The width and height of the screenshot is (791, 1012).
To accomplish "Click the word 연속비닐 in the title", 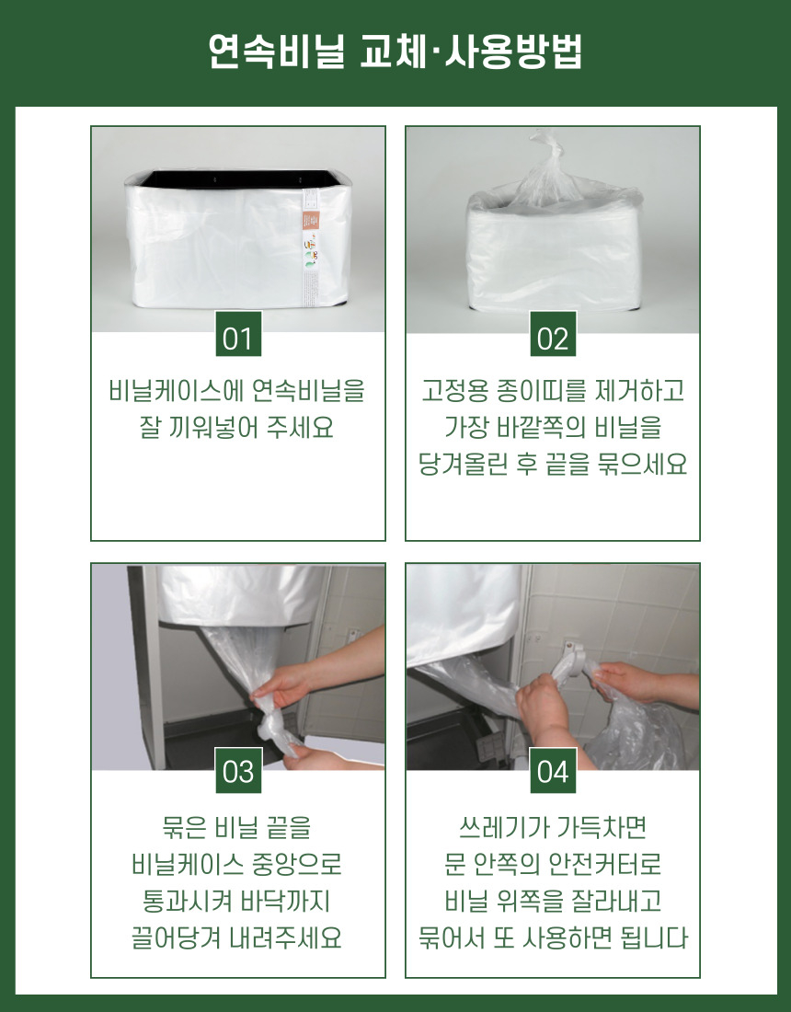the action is (x=277, y=51).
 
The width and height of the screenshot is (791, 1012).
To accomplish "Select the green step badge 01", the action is (x=238, y=334).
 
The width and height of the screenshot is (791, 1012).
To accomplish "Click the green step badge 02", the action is (x=553, y=334).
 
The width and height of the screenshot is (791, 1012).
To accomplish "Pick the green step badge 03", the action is (x=238, y=770).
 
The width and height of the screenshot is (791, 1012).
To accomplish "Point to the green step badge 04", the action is (x=553, y=770).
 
